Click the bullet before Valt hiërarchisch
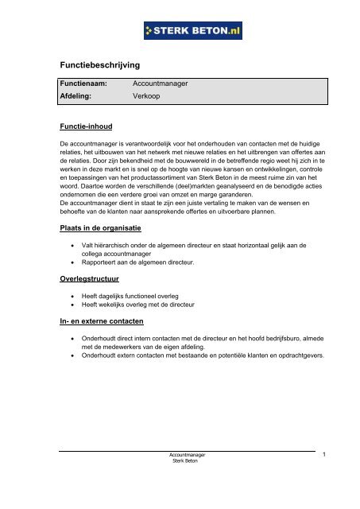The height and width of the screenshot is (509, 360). click(x=74, y=249)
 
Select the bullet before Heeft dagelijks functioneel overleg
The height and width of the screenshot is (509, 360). click(x=74, y=296)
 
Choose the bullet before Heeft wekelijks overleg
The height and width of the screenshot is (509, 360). click(x=74, y=306)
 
